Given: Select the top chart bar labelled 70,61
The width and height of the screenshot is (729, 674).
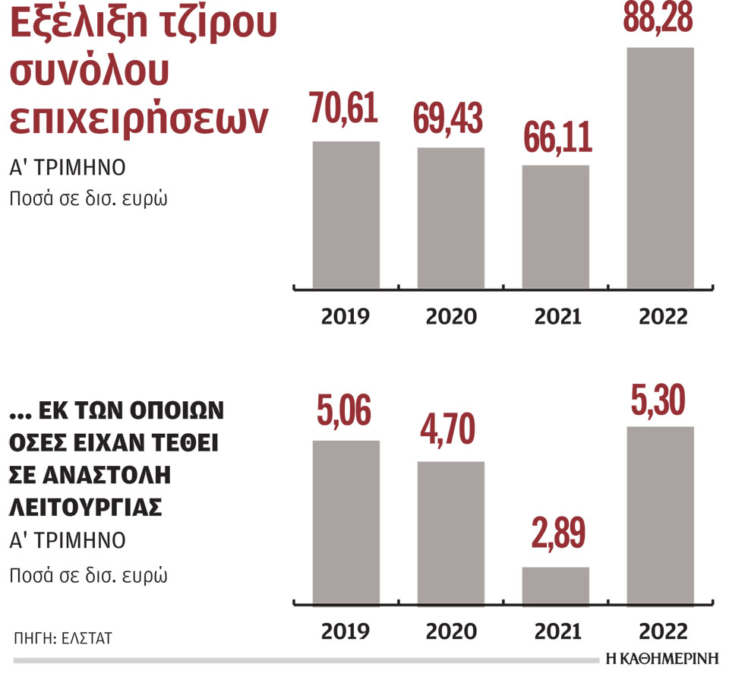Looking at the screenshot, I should tap(346, 215).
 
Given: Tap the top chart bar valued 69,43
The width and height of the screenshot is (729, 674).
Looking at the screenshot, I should tap(450, 218).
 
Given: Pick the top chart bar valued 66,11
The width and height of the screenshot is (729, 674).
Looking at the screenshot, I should tap(555, 226).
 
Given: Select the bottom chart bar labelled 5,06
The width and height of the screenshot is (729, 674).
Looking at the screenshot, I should tap(346, 522).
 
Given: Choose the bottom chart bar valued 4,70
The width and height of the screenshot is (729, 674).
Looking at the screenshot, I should tap(450, 532).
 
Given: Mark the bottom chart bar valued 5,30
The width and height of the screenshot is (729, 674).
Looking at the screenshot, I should tap(659, 515).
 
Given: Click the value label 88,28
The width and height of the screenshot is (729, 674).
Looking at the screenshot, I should tap(658, 18).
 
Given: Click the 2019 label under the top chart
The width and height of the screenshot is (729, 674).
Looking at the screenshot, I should tap(346, 316).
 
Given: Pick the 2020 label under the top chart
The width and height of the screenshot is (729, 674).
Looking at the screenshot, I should tap(451, 316).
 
